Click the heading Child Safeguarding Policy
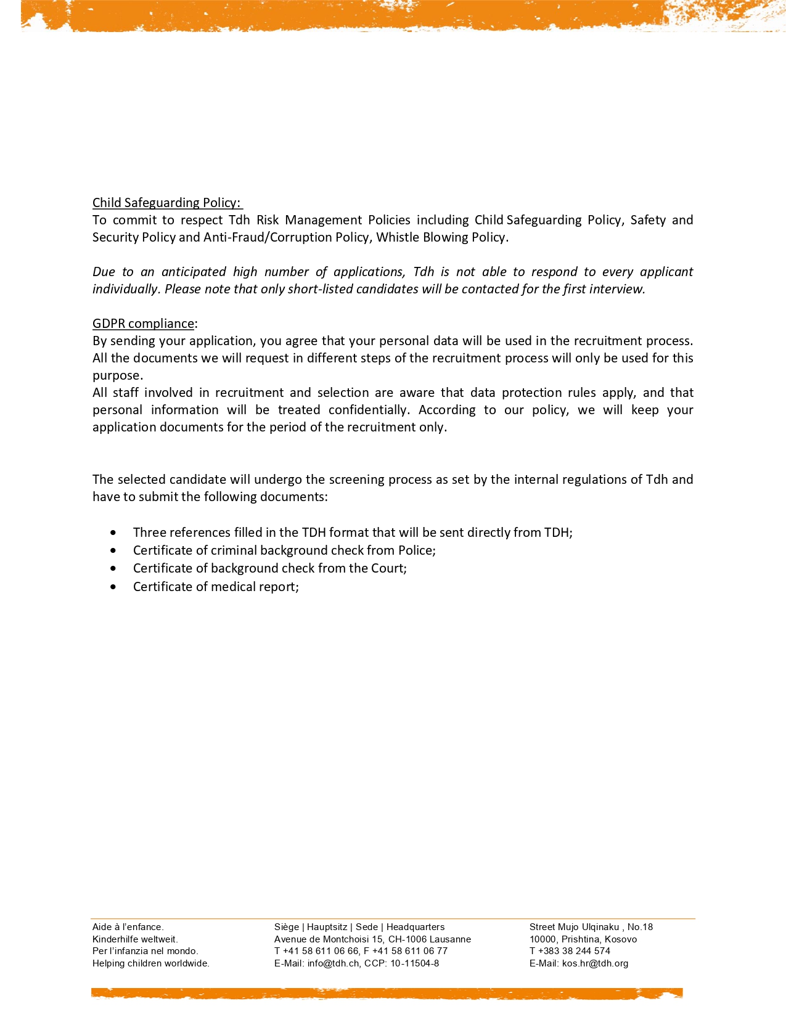[x=166, y=203]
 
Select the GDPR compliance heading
[x=143, y=324]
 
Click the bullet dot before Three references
[x=113, y=533]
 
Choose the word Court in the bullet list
[x=387, y=568]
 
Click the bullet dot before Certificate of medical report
[x=113, y=587]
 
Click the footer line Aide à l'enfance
[x=128, y=927]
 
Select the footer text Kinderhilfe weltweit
[x=135, y=939]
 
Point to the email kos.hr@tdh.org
[x=595, y=963]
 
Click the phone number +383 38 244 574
[x=574, y=951]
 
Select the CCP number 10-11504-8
[x=414, y=963]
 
